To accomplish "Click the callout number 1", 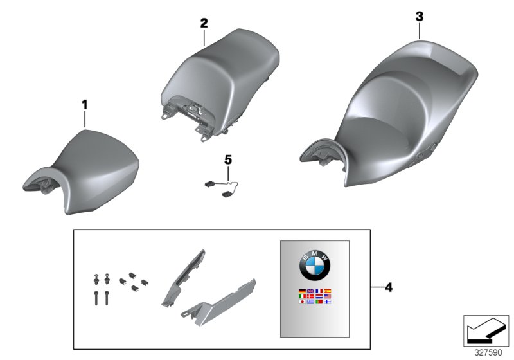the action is pos(85,105).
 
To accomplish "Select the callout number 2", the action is pos(204,23).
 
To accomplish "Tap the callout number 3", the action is pos(420,17).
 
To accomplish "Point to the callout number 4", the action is pos(389,287).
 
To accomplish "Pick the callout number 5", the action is pos(228,160).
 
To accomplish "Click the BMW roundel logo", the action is pos(315,265).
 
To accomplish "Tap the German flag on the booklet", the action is pos(302,291).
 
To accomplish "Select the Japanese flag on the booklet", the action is pos(302,301).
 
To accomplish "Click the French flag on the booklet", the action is pos(319,291).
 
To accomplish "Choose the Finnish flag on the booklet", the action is pos(328,301).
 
